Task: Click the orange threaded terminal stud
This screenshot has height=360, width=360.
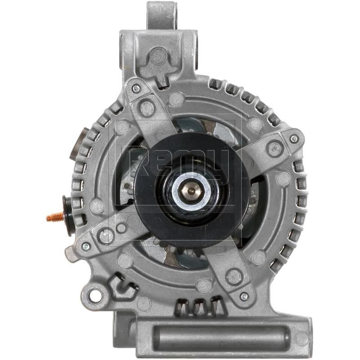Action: pos(54,218)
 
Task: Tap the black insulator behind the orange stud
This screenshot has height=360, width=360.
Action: pos(68,216)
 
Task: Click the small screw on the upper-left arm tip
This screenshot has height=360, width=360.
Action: pos(135,89)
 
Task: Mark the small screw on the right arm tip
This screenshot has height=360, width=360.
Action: pos(294,139)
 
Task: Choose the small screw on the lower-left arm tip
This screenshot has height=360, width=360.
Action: pos(85,246)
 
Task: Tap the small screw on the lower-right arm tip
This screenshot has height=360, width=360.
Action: pos(244,297)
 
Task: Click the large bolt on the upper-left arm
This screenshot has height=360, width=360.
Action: pos(146,107)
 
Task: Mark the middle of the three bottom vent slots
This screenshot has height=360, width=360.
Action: pos(198,307)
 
